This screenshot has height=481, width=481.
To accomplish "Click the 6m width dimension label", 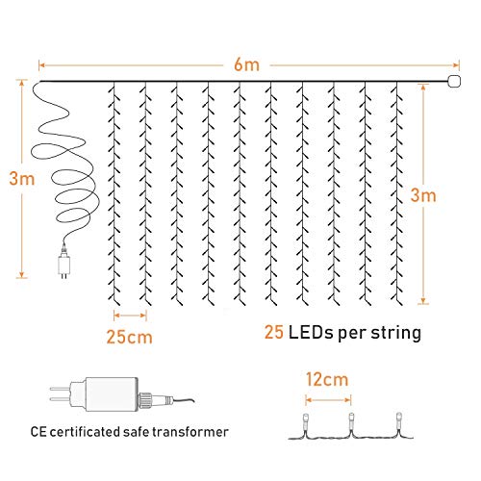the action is [246, 64].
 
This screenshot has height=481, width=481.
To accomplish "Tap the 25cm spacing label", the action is [129, 337].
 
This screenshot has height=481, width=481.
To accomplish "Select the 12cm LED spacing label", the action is [327, 379].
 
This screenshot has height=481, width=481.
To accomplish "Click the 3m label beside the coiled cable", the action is [22, 179].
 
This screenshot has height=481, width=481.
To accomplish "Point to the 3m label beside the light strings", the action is [423, 195].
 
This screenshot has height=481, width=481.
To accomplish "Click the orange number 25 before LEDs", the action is [274, 332].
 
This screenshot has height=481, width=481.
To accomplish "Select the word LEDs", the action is [311, 333].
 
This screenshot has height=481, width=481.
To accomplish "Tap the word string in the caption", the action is [396, 334].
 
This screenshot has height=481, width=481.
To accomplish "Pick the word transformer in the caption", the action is [190, 432].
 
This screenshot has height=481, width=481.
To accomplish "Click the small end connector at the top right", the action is [454, 82].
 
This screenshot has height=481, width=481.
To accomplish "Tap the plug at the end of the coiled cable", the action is [64, 264].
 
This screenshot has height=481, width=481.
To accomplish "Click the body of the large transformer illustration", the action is [112, 394].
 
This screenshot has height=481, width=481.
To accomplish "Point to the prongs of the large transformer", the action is [61, 393].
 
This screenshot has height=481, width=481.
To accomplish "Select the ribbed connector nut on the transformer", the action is [145, 400].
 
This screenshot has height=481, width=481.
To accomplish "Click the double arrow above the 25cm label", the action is [130, 316].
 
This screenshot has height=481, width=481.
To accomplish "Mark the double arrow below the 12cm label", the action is [328, 400].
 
